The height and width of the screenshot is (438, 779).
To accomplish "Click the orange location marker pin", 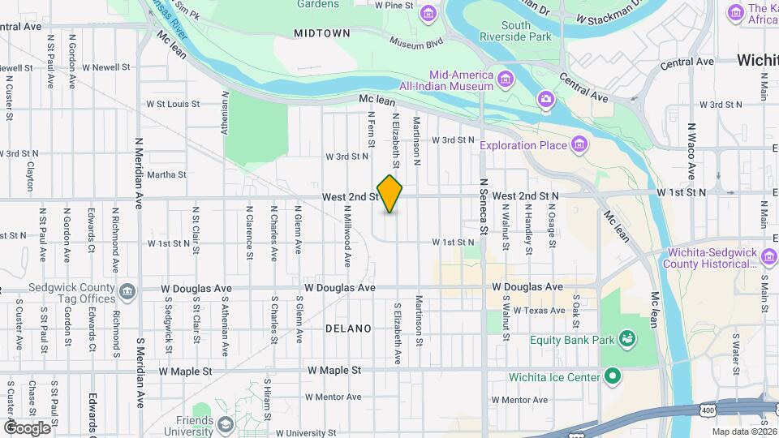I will coord(389,195).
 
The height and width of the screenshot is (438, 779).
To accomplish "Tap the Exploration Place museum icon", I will coord(579,145).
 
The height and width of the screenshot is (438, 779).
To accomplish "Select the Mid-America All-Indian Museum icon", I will coord(506,79).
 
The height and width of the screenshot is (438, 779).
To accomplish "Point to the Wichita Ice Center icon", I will coord(613,376).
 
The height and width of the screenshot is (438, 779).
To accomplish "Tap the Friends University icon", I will coord(225,425).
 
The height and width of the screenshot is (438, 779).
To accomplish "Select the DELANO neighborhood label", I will coord(348,328).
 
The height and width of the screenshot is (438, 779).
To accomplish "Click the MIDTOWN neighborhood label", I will coord(322,33).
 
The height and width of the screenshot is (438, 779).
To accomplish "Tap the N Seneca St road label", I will coord(482,206).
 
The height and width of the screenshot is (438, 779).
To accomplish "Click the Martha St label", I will coord(166,174).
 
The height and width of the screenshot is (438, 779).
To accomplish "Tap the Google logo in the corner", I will coord(27,427).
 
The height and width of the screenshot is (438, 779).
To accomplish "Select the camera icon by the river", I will coord(546,99).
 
